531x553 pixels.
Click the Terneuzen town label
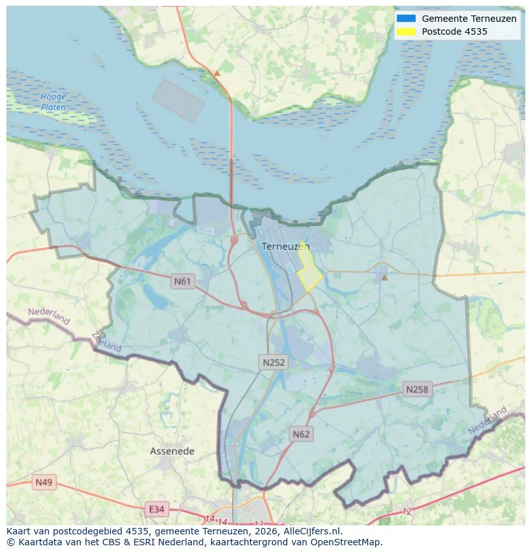pyautogui.click(x=285, y=246)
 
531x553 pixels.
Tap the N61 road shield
pyautogui.click(x=183, y=281)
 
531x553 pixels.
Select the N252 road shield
pyautogui.click(x=274, y=362)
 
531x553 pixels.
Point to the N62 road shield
pyautogui.click(x=301, y=434)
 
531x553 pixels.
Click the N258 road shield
pyautogui.click(x=417, y=389)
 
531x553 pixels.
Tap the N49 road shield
pyautogui.click(x=44, y=482)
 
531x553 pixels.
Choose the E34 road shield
pyautogui.click(x=156, y=509)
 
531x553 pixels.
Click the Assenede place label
pyautogui.click(x=172, y=452)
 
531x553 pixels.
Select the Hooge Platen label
pyautogui.click(x=53, y=102)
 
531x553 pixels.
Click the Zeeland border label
pyautogui.click(x=106, y=342)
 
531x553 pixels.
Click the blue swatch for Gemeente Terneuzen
pyautogui.click(x=406, y=19)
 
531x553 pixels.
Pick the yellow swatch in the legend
pyautogui.click(x=406, y=31)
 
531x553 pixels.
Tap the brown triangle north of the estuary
pyautogui.click(x=217, y=73)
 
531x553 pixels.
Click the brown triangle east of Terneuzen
pyautogui.click(x=384, y=277)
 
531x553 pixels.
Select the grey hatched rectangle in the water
pyautogui.click(x=178, y=101)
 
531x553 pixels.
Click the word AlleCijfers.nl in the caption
pyautogui.click(x=312, y=531)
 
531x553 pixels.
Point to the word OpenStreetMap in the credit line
pyautogui.click(x=350, y=542)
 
